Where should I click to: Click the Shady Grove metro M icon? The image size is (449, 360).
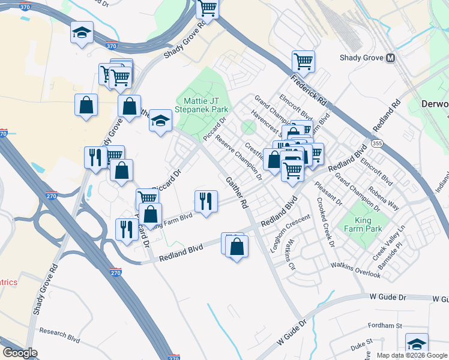[x=391, y=58]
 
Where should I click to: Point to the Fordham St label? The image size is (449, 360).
[x=385, y=326]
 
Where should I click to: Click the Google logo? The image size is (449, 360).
[x=20, y=353]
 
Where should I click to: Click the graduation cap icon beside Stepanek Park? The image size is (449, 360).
[x=160, y=120]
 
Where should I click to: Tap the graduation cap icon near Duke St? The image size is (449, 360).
[x=417, y=343]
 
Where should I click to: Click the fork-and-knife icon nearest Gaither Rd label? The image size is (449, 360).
[x=206, y=200]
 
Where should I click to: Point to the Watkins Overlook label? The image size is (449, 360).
[x=356, y=270]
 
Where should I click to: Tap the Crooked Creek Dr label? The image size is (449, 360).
[x=325, y=222]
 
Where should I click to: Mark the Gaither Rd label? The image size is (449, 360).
[x=237, y=193]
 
